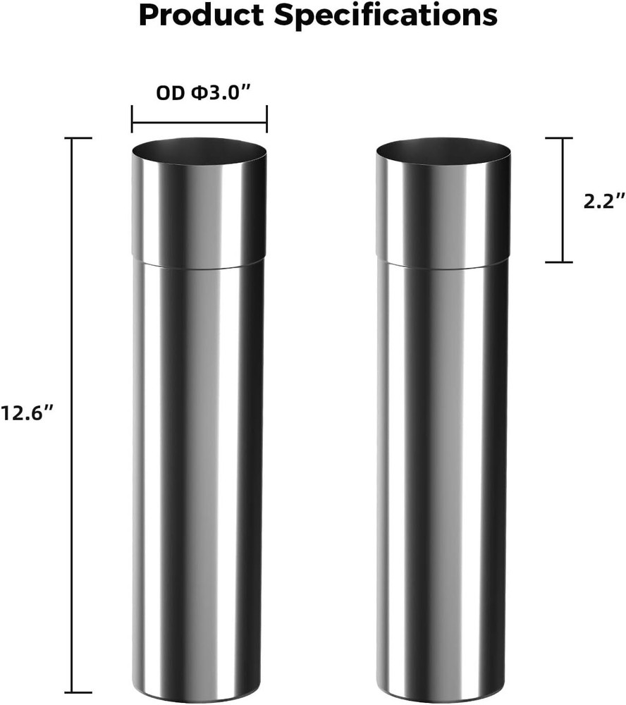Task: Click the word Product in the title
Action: click(200, 16)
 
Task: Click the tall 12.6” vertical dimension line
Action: click(79, 415)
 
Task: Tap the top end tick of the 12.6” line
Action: click(79, 138)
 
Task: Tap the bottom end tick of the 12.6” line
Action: click(79, 692)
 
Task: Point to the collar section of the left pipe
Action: click(199, 211)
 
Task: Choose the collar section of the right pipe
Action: click(443, 211)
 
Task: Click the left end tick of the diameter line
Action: click(132, 119)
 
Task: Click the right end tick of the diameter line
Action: click(266, 119)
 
